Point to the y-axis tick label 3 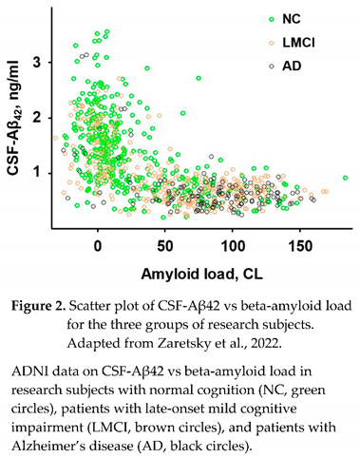[x=39, y=62]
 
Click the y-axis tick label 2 [x=39, y=117]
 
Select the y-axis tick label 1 [x=39, y=172]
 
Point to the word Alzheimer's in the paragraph [x=67, y=439]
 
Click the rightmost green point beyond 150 [x=345, y=178]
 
